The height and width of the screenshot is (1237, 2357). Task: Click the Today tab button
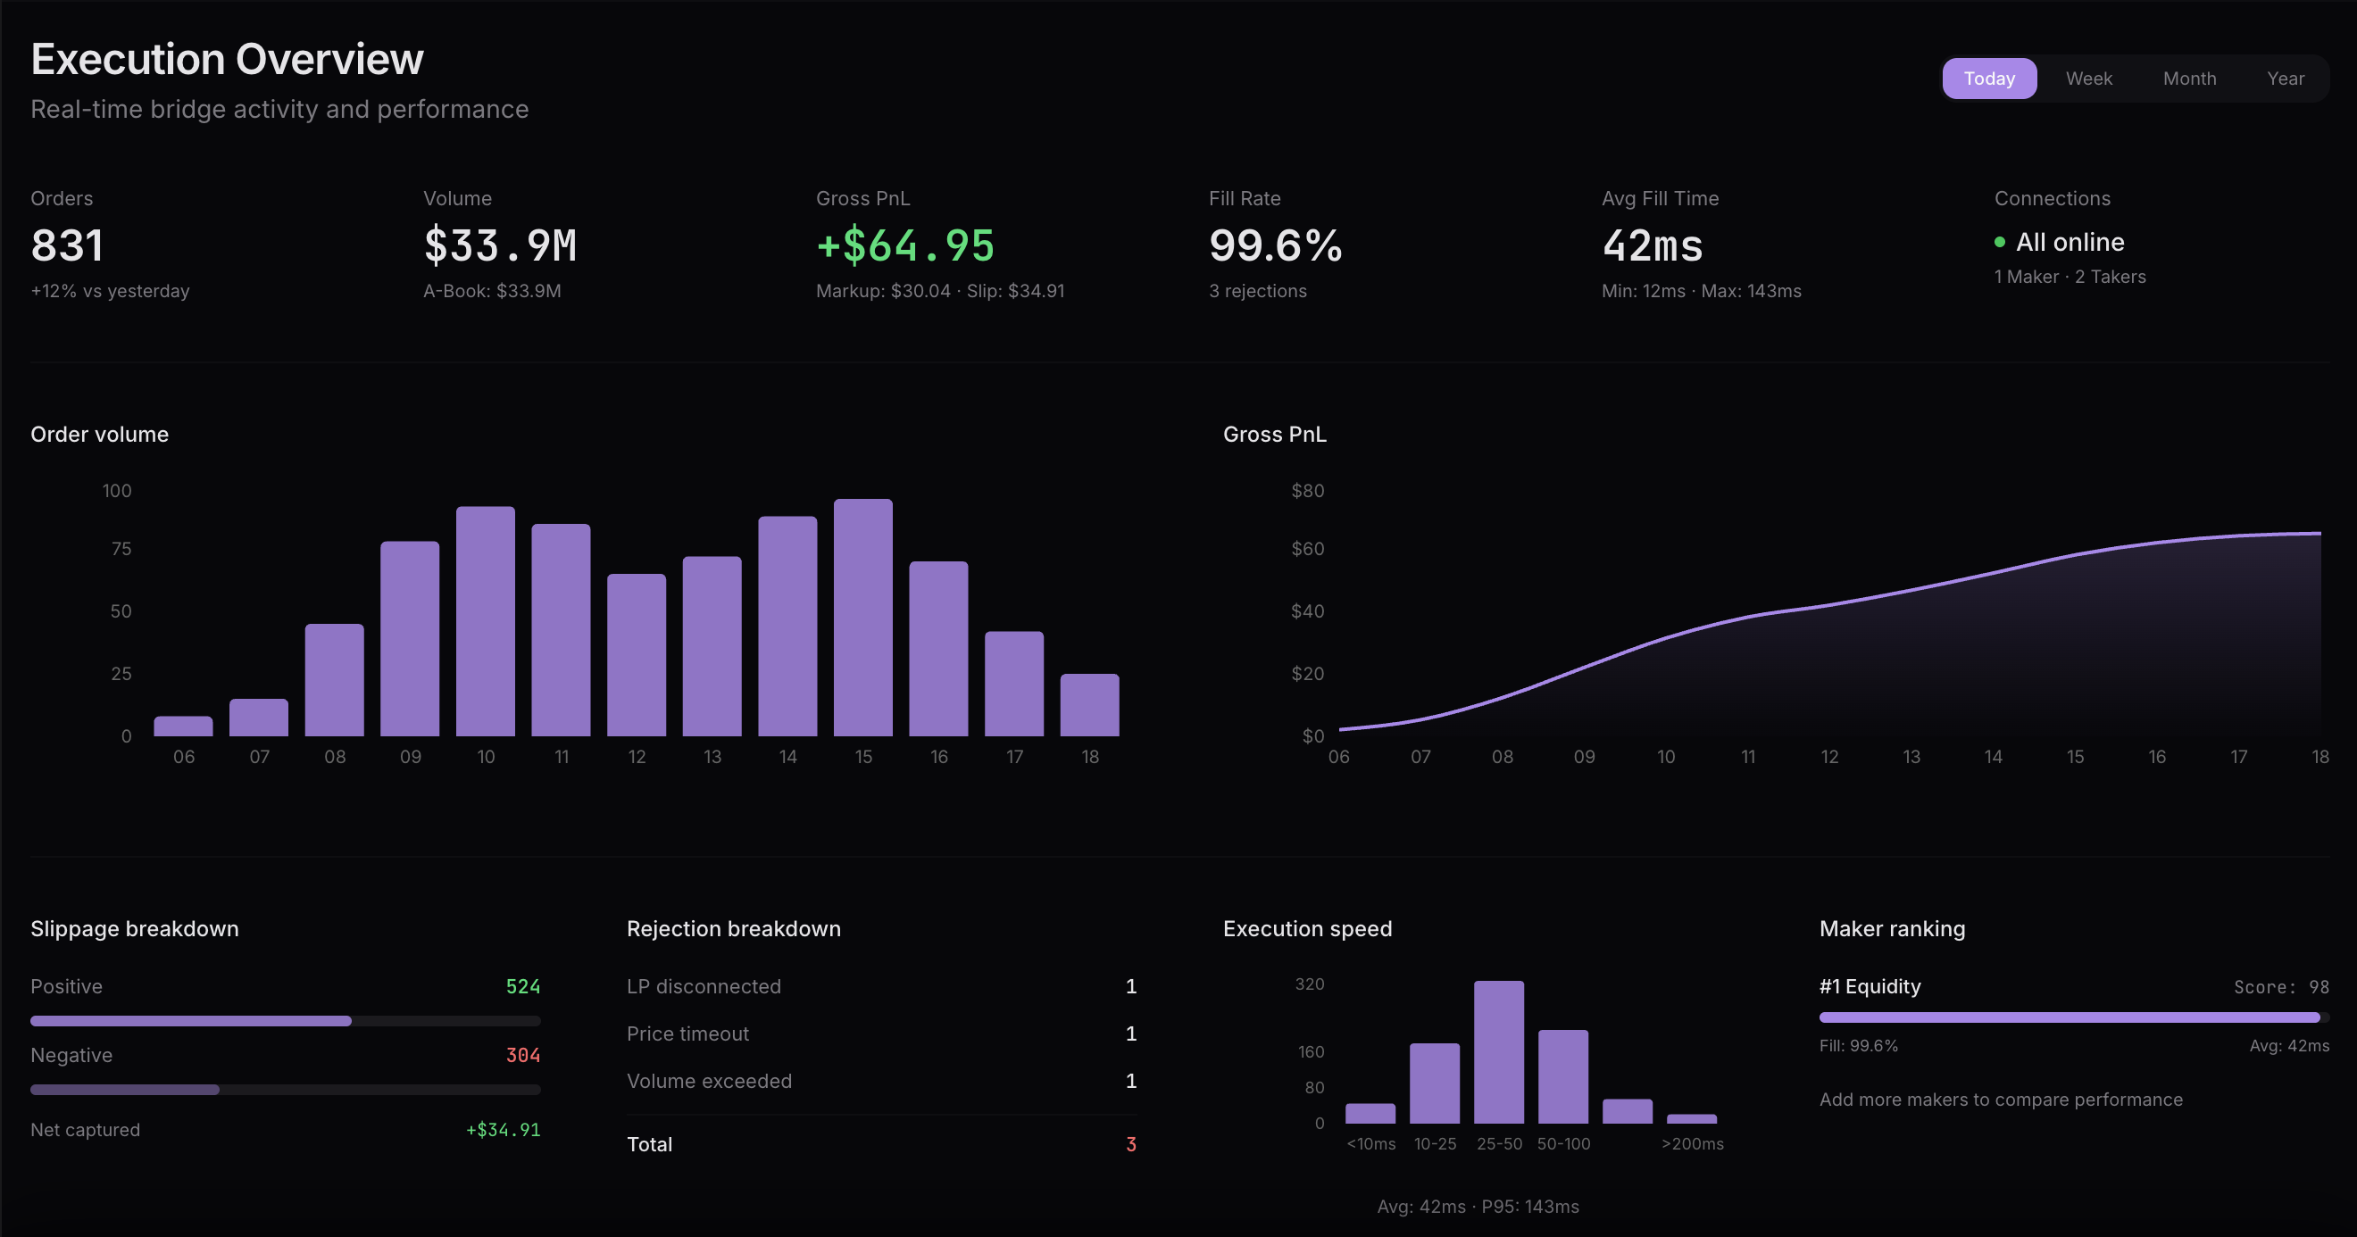(x=1988, y=79)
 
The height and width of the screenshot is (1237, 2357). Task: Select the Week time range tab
(x=2088, y=79)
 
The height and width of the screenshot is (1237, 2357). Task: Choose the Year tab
(x=2285, y=79)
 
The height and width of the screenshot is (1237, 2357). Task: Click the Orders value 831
(x=67, y=245)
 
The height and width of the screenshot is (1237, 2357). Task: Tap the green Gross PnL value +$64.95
(x=905, y=245)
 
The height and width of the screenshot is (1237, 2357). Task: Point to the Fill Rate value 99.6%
(x=1275, y=245)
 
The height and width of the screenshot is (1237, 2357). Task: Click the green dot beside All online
(x=1999, y=243)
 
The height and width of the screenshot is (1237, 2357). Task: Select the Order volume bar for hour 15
(x=862, y=618)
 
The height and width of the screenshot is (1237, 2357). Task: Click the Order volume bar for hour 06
(x=183, y=726)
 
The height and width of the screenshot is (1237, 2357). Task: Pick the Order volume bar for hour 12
(x=636, y=655)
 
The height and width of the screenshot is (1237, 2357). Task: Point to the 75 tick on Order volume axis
(x=121, y=549)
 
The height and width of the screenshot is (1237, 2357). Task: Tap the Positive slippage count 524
(x=522, y=986)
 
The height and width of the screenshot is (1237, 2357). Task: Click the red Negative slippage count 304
(x=522, y=1055)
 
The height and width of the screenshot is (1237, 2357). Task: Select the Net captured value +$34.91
(x=504, y=1130)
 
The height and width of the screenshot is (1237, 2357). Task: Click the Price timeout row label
(x=687, y=1034)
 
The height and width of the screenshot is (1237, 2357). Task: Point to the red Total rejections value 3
(x=1130, y=1144)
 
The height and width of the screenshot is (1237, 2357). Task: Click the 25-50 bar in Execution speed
(x=1498, y=1052)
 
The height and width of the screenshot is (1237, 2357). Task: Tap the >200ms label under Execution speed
(x=1692, y=1143)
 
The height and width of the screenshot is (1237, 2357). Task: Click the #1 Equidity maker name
(x=1870, y=986)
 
